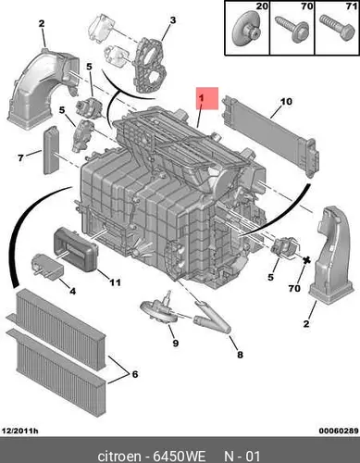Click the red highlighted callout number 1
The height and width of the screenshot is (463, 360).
[201, 98]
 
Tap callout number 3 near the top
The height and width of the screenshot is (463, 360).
[173, 20]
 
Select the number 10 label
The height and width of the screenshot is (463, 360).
[286, 101]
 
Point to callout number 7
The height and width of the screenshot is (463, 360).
[20, 158]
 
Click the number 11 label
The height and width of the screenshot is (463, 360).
[116, 282]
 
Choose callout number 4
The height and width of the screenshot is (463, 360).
[72, 291]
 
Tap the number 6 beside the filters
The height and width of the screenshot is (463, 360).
[135, 374]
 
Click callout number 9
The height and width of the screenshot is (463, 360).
[176, 343]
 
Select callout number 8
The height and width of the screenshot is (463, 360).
[240, 355]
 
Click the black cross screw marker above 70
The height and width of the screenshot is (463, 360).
[306, 260]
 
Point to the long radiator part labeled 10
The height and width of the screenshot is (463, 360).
[268, 135]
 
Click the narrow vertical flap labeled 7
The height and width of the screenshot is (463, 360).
[51, 150]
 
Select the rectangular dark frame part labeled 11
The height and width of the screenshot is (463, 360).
[76, 249]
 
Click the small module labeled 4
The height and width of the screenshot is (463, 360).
[47, 266]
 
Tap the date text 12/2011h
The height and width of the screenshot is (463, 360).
[20, 431]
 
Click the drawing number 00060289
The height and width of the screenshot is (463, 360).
[339, 431]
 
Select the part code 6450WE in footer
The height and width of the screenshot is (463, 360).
[180, 456]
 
